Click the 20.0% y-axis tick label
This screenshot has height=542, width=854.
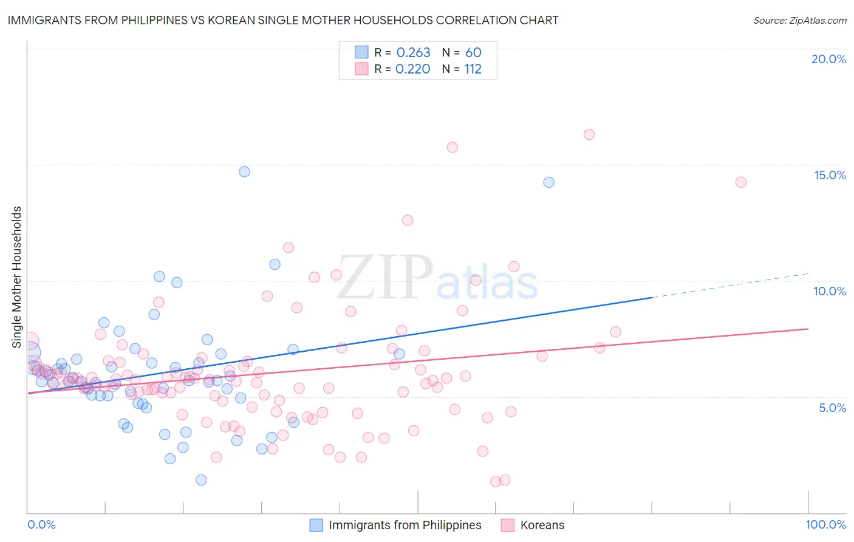pyautogui.click(x=828, y=59)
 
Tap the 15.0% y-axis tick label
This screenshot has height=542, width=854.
pyautogui.click(x=830, y=175)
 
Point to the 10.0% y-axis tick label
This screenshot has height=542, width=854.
pyautogui.click(x=830, y=291)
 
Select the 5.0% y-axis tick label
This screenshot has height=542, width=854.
pyautogui.click(x=832, y=408)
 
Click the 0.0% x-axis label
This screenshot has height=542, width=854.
pyautogui.click(x=41, y=524)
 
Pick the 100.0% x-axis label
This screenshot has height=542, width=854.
pyautogui.click(x=825, y=524)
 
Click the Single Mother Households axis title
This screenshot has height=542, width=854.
pyautogui.click(x=17, y=277)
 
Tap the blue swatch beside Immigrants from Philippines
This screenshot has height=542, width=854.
pyautogui.click(x=316, y=525)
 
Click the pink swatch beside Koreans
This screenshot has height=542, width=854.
pyautogui.click(x=508, y=525)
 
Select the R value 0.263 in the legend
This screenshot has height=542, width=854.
pyautogui.click(x=413, y=53)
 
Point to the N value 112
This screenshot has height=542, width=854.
pyautogui.click(x=473, y=69)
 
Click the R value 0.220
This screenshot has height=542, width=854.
pyautogui.click(x=412, y=69)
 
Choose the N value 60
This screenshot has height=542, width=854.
pyautogui.click(x=473, y=53)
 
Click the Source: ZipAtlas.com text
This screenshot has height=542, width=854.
pyautogui.click(x=799, y=21)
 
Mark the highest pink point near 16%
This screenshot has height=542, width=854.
pyautogui.click(x=589, y=134)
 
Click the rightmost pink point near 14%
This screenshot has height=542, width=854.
pyautogui.click(x=740, y=182)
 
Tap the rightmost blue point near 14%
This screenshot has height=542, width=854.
pyautogui.click(x=548, y=182)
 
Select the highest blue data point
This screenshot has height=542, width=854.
pyautogui.click(x=244, y=171)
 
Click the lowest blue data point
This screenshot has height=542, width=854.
pyautogui.click(x=201, y=480)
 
